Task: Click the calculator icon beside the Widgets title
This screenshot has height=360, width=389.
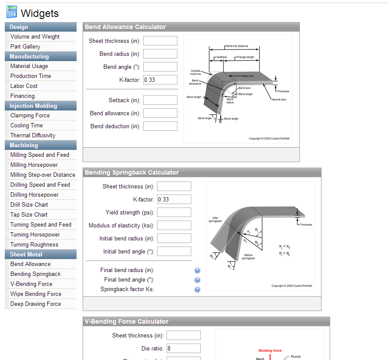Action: tap(12, 12)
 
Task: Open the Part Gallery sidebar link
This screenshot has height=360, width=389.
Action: tap(25, 46)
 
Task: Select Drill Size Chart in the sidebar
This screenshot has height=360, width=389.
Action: tap(29, 205)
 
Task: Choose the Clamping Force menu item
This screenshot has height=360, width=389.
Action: tap(30, 116)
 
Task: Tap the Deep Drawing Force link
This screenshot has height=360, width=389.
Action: tap(35, 304)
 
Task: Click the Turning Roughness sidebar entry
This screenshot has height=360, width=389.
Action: tap(34, 244)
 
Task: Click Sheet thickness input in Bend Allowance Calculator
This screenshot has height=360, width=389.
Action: tap(160, 41)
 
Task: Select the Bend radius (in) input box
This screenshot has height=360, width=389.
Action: tap(160, 54)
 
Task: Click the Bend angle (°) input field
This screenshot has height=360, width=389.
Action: tap(160, 67)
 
